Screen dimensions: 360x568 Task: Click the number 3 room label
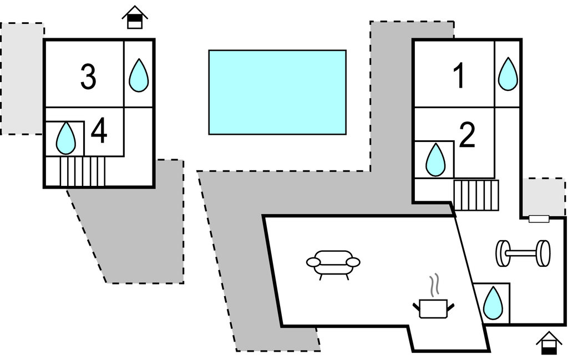point(88,77)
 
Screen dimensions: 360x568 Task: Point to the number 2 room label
point(468,135)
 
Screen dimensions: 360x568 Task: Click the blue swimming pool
point(277,92)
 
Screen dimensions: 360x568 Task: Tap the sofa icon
point(333,263)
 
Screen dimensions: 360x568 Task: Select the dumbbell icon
point(523,253)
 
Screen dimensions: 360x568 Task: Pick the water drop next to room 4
point(66,138)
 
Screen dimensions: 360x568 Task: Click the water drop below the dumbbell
point(491,303)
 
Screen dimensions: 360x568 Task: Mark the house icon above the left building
point(135,17)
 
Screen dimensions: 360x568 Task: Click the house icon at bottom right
point(549,343)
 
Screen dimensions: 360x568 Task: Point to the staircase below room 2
point(476,195)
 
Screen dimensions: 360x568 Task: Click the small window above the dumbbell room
point(539,219)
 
